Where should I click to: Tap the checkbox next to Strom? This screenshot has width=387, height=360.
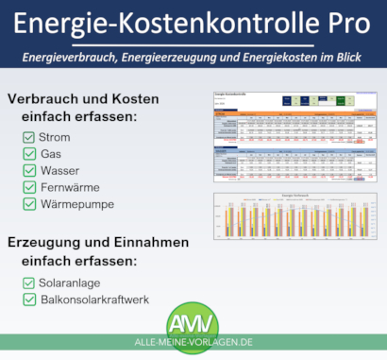coord(29,136)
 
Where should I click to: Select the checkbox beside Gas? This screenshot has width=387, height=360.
coord(29,153)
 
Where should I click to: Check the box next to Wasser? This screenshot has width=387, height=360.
coord(29,170)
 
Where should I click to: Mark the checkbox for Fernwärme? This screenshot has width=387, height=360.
coord(29,187)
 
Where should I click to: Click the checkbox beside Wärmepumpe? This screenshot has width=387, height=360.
coord(29,204)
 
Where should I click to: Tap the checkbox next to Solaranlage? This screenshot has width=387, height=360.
coord(29,283)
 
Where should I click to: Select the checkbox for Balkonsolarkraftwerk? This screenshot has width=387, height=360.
coord(29,300)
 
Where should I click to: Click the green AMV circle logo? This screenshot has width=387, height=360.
coord(193,318)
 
